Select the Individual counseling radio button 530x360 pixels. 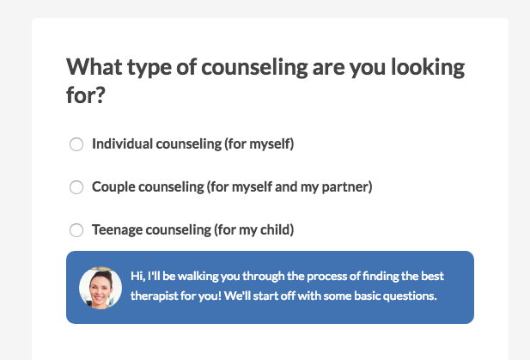point(76,144)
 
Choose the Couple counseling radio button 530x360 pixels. point(76,187)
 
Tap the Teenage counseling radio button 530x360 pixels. point(76,230)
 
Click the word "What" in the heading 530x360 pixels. point(94,67)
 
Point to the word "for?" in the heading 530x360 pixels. point(86,95)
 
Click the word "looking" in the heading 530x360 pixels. point(428,68)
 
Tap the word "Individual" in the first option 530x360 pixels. point(122,143)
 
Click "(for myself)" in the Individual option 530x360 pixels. point(259,144)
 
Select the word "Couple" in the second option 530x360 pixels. point(113,187)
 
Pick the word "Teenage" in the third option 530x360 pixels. point(118,230)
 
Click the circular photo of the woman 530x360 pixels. point(101,288)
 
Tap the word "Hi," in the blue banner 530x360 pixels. point(138,277)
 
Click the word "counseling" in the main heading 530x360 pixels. point(254,68)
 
